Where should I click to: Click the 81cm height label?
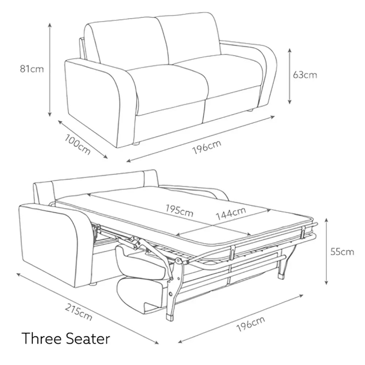(32, 69)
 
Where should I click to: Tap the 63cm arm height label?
(305, 75)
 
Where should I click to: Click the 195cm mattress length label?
(179, 211)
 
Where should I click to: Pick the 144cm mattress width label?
(231, 213)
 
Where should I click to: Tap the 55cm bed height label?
(342, 251)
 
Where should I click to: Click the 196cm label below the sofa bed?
(250, 324)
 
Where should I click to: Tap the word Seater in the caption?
(88, 338)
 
